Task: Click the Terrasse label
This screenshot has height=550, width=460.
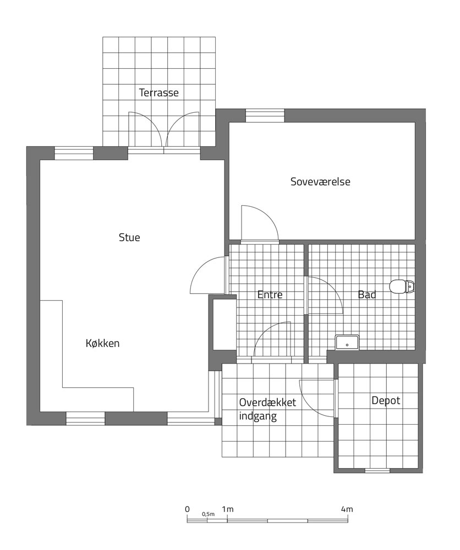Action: coord(158,92)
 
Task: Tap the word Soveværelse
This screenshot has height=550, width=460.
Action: coord(320,182)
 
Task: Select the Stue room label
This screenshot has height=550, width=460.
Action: coord(129,238)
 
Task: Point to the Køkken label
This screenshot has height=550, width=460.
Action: coord(102,343)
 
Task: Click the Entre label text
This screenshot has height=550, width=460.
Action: coord(270,295)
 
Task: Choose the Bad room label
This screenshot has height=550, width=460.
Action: coord(367,295)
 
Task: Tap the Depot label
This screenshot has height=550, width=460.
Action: coord(386,400)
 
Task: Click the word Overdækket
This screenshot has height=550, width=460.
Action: coord(267,403)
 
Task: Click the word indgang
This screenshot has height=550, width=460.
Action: coord(258,416)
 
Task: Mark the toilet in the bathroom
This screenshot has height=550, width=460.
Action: coord(402,286)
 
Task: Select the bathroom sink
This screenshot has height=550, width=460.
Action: coord(347,342)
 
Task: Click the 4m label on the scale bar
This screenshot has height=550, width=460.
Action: coord(347,509)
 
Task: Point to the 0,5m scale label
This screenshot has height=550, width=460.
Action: coord(208,514)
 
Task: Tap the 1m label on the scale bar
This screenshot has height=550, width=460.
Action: coord(227,509)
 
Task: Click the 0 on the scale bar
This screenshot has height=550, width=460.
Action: coord(188,509)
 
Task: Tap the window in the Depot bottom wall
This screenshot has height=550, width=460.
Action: coord(377,470)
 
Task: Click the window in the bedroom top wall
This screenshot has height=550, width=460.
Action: coord(265,116)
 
